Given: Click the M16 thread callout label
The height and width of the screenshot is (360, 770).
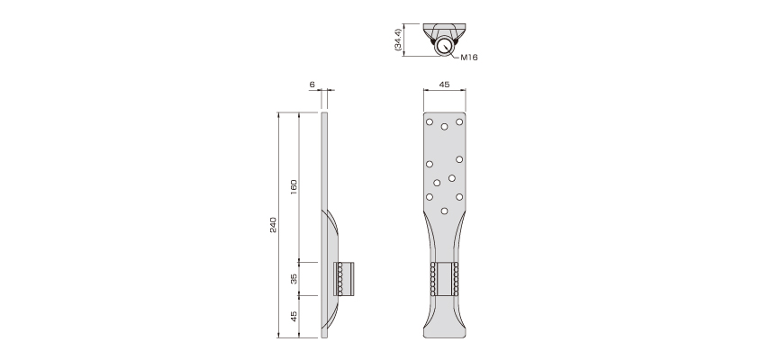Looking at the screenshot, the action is (469, 58).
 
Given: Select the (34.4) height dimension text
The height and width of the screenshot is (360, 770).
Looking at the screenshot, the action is (398, 40).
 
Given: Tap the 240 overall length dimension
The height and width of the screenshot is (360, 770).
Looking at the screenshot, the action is (273, 225).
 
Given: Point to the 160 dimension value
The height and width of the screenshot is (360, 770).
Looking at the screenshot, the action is (294, 187).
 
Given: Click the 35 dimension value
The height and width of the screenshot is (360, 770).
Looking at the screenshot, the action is (294, 279).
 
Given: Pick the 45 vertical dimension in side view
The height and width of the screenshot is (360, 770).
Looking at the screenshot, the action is (294, 316).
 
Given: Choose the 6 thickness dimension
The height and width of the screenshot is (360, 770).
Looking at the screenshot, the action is (312, 85).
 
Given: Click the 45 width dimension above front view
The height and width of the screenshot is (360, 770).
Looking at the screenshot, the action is (444, 85).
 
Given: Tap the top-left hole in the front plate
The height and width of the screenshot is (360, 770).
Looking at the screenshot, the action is (430, 121).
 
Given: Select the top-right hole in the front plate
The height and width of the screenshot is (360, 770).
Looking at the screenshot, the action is (459, 121).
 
